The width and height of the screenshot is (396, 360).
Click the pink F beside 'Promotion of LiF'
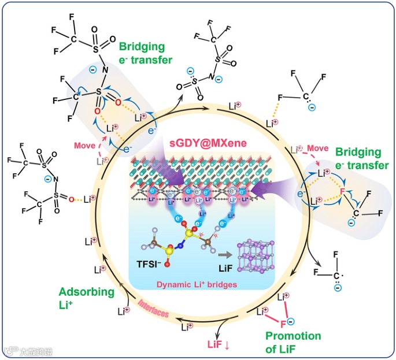pos(283,324)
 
